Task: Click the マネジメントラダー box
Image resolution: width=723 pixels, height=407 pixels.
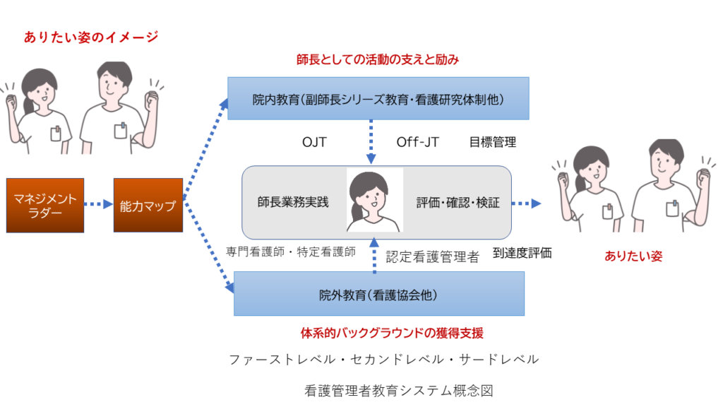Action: click(45, 206)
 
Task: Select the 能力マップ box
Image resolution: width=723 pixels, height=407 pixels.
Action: click(148, 206)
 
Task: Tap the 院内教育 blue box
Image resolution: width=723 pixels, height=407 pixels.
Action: click(378, 98)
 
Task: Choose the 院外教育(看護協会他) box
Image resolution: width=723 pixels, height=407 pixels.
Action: click(379, 293)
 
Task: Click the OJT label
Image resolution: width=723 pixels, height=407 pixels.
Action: click(314, 142)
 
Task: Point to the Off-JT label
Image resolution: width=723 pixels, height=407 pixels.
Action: click(418, 142)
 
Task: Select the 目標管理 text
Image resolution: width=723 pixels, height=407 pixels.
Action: click(492, 142)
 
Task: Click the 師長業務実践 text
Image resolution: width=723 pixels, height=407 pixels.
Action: click(293, 202)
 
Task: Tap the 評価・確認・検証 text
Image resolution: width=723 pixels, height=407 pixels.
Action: click(458, 203)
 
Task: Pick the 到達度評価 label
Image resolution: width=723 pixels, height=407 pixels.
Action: click(522, 253)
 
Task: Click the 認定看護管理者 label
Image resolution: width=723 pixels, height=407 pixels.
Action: click(433, 257)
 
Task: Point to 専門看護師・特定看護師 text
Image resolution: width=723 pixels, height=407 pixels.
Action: click(291, 252)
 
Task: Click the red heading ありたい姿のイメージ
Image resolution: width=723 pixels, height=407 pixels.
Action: click(91, 37)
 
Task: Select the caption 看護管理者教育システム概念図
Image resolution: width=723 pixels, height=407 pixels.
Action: click(399, 391)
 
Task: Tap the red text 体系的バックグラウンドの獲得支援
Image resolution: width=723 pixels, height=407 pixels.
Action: click(392, 333)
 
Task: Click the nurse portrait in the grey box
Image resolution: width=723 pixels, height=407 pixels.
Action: click(374, 200)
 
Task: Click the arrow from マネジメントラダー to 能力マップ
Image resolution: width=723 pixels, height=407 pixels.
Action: click(99, 204)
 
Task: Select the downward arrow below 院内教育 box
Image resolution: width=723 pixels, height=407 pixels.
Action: click(371, 141)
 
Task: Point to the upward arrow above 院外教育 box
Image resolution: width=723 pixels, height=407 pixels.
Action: click(374, 256)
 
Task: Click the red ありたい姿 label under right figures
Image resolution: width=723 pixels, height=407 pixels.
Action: click(633, 256)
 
